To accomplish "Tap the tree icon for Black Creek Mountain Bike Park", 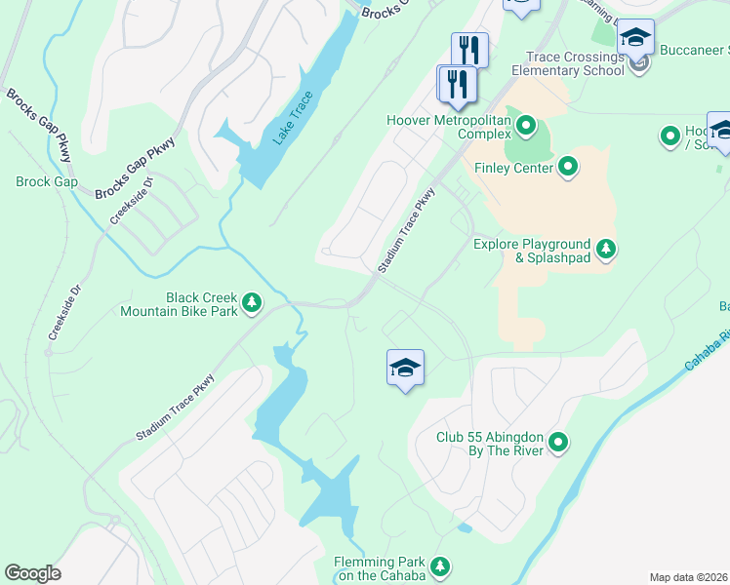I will click(252, 304).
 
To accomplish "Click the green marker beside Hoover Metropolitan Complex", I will click(526, 125).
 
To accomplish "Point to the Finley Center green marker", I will click(569, 168).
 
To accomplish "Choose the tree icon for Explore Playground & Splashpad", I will click(606, 250).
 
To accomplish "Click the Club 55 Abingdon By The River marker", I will click(558, 444).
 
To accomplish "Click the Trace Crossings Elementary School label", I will click(574, 63).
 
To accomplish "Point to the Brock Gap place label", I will click(47, 182).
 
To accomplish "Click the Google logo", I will click(33, 573).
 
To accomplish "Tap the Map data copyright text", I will click(689, 577).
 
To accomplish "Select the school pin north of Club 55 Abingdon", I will click(405, 369).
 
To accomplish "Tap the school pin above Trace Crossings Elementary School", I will click(635, 39).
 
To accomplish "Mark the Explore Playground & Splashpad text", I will click(532, 251).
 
